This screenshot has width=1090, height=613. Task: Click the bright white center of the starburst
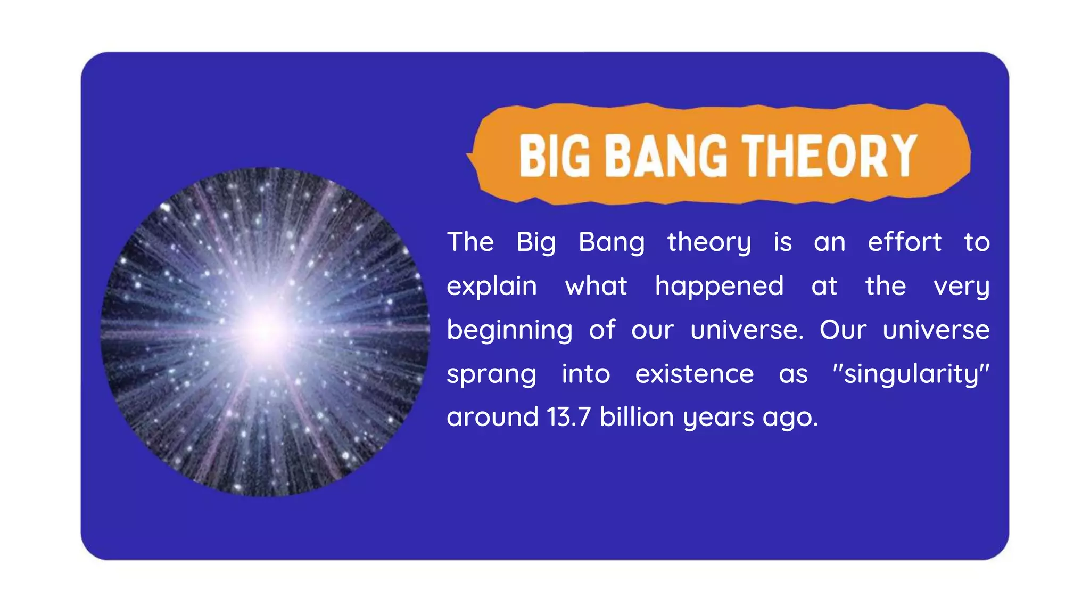coord(265,329)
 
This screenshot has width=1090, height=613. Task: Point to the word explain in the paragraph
coord(491,287)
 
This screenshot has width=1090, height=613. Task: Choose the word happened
coord(719,287)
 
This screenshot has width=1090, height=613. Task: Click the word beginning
coord(509,330)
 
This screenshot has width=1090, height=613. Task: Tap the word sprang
coord(491,374)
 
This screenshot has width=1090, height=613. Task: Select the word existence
coord(694,374)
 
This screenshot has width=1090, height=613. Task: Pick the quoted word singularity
coord(911,374)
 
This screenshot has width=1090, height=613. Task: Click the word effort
coord(904,242)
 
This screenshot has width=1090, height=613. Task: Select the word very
coord(961,287)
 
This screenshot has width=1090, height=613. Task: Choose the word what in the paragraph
coord(596,287)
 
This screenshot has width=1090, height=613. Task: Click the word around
coord(492,416)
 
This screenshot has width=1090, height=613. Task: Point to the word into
coord(585,374)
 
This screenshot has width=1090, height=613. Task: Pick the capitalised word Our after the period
coord(843,330)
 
